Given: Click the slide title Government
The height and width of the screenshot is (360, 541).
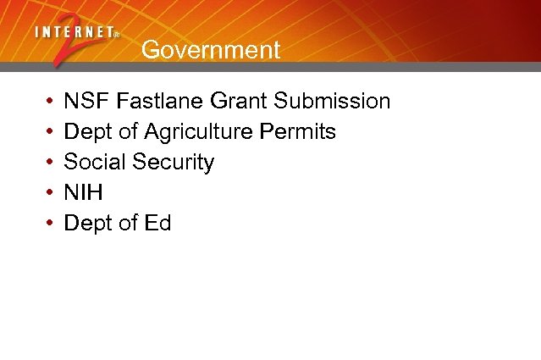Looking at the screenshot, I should click(210, 50).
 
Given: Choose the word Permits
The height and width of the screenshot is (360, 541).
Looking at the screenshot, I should click(306, 132).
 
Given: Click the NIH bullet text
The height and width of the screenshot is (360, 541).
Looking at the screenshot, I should click(83, 193).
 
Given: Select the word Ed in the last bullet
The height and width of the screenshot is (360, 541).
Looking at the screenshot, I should click(157, 224).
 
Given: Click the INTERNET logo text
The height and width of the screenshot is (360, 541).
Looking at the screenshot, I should click(76, 32).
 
